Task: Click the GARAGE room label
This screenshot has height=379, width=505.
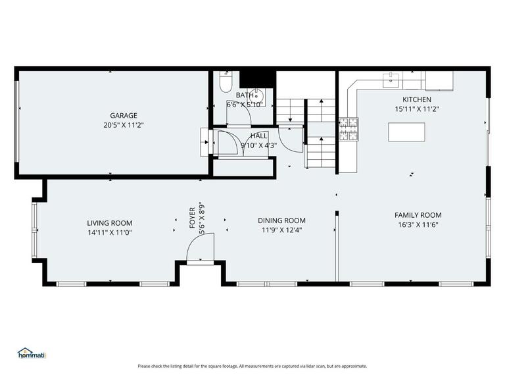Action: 123,115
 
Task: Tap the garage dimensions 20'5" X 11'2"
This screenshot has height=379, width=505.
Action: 123,124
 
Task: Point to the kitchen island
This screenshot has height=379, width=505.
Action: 406,132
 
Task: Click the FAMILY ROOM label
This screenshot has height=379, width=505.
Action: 418,215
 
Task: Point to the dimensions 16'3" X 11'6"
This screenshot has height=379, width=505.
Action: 418,224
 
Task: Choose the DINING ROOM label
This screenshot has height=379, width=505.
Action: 281,220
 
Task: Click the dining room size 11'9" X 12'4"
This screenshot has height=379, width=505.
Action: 281,230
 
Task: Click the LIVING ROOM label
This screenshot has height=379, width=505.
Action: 110,223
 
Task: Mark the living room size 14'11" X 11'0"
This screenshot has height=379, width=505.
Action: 110,232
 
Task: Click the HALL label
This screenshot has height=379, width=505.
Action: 258,136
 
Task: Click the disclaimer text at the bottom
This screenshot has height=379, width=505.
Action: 252,366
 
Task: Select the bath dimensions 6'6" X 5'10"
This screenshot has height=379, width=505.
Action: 245,104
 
